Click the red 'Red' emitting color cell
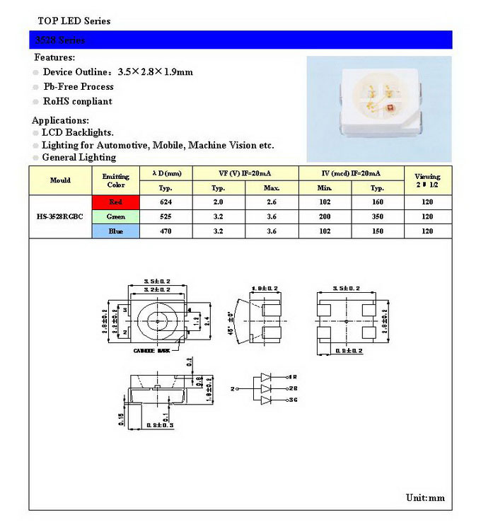tap(116, 202)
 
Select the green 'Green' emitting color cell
tap(116, 216)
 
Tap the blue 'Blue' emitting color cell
tap(116, 231)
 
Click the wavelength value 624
tap(166, 202)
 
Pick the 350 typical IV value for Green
tap(377, 216)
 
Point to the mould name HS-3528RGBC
tap(60, 216)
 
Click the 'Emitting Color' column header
tap(116, 180)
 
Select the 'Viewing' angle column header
tap(427, 180)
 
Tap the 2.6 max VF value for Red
tap(272, 202)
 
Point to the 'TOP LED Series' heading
tap(74, 21)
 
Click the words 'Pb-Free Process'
tap(79, 86)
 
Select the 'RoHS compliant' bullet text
tap(78, 101)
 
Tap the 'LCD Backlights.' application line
tap(78, 132)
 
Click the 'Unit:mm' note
tap(425, 498)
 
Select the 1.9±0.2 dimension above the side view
tap(265, 289)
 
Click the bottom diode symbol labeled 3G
tap(267, 400)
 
